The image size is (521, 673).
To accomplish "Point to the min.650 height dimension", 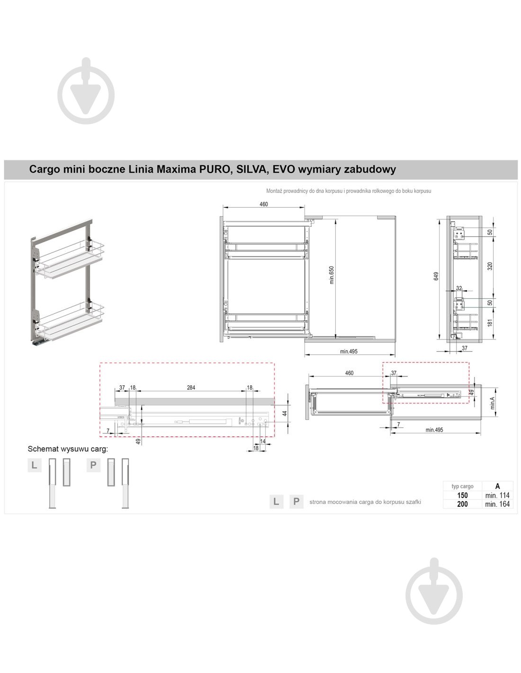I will pos(332,275).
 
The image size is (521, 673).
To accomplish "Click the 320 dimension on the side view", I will pos(490,266).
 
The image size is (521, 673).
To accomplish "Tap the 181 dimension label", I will pos(490,323).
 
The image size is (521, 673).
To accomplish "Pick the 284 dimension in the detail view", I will pos(191,388).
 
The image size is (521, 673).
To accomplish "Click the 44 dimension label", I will pos(284,413).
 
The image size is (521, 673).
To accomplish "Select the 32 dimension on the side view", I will pos(459,288).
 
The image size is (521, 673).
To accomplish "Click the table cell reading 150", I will pos(462,495).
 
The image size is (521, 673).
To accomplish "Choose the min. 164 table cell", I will pos(497,504).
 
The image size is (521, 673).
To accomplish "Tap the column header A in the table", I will pos(497,486).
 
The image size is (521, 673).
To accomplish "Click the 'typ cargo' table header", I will pos(462,486).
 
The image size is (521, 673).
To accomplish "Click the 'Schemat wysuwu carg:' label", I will pos(68,449).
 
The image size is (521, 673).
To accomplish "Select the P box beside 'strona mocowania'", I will pos(296,502).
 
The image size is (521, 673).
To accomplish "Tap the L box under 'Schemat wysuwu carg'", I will pos(34,465).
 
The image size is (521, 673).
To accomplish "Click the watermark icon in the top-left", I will pos(86,91).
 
